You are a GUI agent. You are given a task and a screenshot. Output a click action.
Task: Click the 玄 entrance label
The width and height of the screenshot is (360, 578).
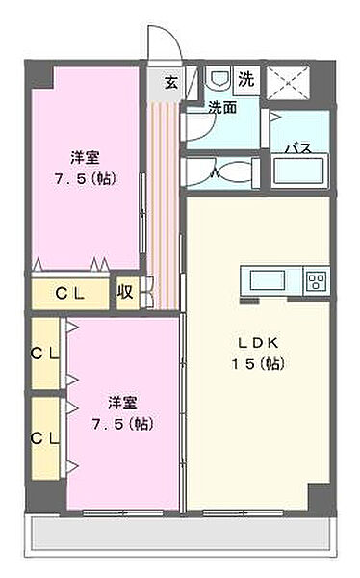pos(171,83)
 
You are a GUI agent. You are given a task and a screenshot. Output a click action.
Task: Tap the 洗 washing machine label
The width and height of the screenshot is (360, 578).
pos(245,79)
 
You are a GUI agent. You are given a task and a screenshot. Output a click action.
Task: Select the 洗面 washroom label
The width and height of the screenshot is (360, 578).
pos(222,107)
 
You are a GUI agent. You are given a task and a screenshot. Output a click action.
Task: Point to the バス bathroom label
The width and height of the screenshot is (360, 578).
pos(299,149)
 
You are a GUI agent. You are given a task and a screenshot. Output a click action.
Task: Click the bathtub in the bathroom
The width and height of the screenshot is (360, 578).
pos(299,171)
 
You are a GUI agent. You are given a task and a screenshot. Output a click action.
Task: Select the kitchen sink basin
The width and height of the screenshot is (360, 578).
pos(268,280)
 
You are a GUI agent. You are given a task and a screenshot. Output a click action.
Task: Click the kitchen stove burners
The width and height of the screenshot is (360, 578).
pos(317,280)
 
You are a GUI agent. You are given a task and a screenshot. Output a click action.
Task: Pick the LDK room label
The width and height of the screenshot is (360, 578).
pos(258,343)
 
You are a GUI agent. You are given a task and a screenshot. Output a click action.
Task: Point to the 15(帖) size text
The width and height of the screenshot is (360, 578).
pos(258,364)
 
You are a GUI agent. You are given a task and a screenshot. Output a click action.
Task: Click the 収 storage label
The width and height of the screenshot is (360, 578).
pos(125,292)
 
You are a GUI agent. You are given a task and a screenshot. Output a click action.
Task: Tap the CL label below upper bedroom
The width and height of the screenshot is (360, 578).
pos(70,294)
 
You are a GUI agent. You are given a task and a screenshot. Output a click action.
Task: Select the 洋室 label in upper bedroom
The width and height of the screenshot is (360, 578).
pos(85,158)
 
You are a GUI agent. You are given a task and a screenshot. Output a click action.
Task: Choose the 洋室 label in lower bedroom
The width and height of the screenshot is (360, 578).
pos(122,403)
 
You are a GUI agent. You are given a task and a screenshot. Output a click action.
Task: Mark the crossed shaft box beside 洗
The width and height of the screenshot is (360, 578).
pos(287,83)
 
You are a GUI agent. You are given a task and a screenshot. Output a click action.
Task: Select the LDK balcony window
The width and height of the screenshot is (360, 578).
pos(244,512)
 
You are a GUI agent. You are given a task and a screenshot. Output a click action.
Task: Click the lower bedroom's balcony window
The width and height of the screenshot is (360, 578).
pos(123,512)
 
